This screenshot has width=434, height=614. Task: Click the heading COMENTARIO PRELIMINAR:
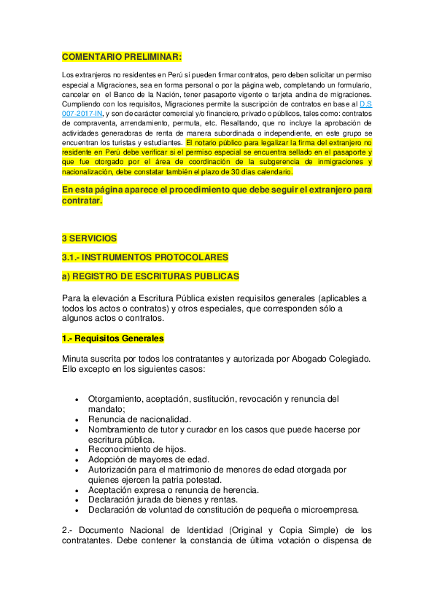pyautogui.click(x=122, y=57)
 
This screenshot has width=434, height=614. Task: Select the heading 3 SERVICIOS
pyautogui.click(x=89, y=238)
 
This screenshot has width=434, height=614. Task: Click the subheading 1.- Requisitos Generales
pyautogui.click(x=113, y=338)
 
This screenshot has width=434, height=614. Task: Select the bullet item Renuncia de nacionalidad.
pyautogui.click(x=139, y=419)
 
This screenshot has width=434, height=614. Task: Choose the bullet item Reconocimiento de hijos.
pyautogui.click(x=137, y=449)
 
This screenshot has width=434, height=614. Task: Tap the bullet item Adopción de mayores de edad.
pyautogui.click(x=149, y=459)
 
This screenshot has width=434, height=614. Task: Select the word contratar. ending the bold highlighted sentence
pyautogui.click(x=82, y=201)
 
